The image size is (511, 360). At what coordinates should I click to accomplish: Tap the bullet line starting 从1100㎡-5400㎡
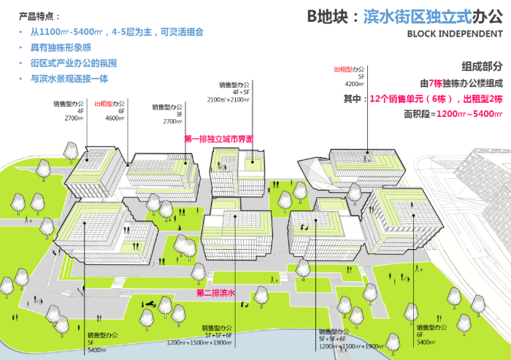point(116,32)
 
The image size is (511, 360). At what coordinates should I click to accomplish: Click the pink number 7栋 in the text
point(434,83)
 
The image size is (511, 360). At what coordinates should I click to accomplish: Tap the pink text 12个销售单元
point(399,98)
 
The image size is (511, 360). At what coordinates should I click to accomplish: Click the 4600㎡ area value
point(116,118)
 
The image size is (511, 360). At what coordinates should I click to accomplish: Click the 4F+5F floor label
point(240,92)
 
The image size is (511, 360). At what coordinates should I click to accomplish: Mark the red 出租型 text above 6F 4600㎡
point(105,104)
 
